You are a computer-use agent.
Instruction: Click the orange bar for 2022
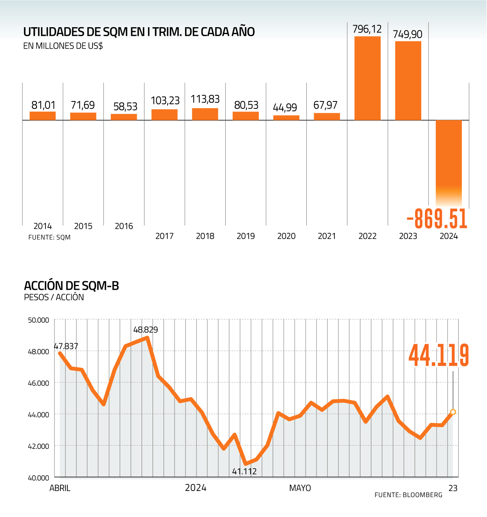tap(367, 78)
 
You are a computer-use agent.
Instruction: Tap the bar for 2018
tap(205, 114)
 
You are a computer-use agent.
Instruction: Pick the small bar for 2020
tap(286, 118)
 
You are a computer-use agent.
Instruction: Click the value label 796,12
tap(367, 29)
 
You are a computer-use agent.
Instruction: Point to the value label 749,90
tap(407, 34)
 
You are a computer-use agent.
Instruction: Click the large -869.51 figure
tap(437, 220)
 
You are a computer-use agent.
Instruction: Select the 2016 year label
tap(124, 226)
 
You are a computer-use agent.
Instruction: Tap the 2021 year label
tap(327, 236)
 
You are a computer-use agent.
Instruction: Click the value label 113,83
tap(205, 99)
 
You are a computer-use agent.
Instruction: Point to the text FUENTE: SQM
tap(50, 237)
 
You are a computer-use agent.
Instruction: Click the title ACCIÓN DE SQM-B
tap(71, 286)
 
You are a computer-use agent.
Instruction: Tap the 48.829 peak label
tap(146, 330)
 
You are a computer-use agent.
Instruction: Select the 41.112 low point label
tap(244, 471)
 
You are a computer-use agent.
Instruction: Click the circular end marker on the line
tap(453, 412)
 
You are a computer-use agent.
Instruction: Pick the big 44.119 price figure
tap(438, 355)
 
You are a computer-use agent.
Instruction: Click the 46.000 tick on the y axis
tap(39, 383)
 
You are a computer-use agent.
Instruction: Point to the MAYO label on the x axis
tap(300, 488)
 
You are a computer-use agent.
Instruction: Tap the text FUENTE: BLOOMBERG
tap(408, 495)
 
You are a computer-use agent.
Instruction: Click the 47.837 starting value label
tap(66, 346)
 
